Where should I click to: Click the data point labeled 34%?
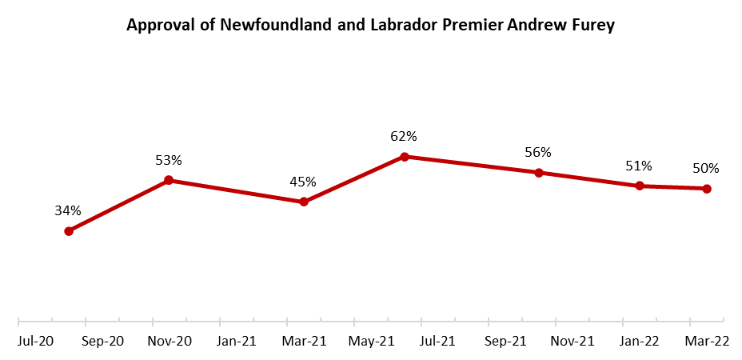point(69,231)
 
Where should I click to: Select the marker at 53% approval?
point(169,181)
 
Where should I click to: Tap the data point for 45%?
point(304,202)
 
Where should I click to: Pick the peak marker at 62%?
point(405,157)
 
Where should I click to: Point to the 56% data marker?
point(539,173)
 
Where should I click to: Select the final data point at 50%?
point(707,189)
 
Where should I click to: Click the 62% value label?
point(405,137)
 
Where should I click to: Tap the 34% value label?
point(68,211)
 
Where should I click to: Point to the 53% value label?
point(169,161)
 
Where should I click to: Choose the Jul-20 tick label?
point(35,342)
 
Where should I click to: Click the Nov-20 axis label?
point(169,342)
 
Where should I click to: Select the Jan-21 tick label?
point(237,342)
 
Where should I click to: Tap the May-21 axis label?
point(371,342)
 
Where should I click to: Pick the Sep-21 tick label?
point(505,342)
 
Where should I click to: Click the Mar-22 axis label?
point(708,342)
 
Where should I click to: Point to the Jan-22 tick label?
point(640,342)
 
